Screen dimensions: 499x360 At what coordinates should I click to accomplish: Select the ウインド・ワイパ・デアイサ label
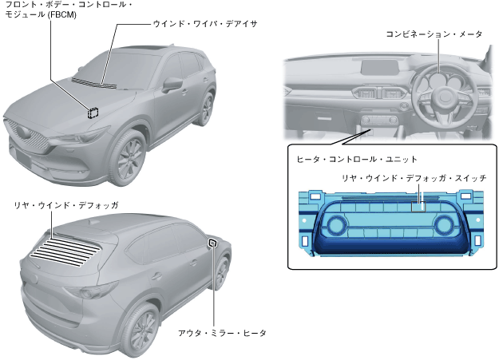click(x=204, y=25)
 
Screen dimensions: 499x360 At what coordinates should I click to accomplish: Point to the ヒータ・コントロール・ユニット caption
click(x=346, y=160)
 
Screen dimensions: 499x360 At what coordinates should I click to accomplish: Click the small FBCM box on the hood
click(x=93, y=112)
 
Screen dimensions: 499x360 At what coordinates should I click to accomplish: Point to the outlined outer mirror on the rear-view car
click(x=212, y=243)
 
